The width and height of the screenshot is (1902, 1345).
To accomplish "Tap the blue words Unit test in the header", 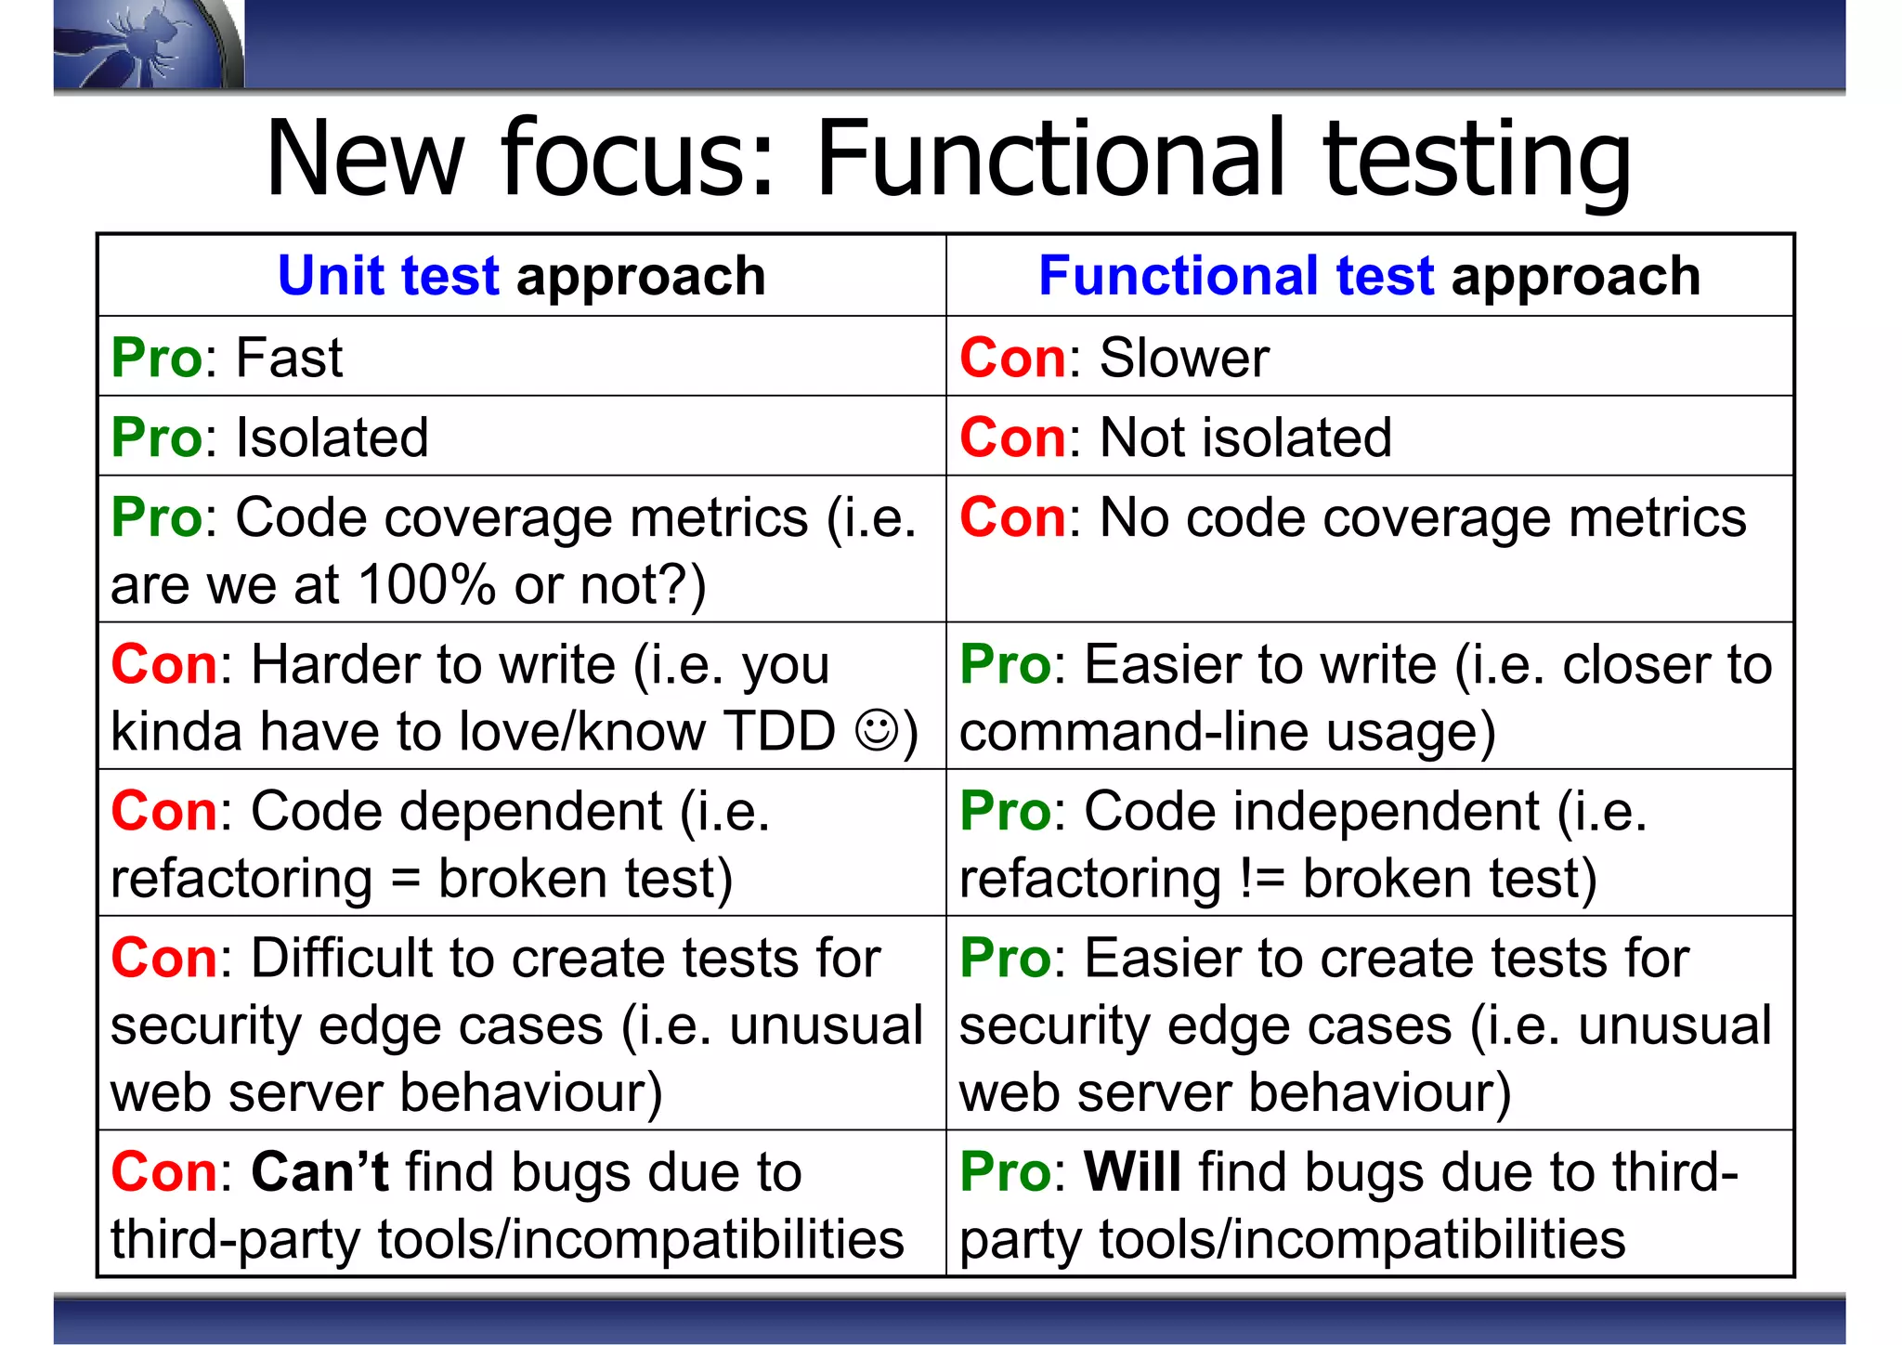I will pyautogui.click(x=388, y=276).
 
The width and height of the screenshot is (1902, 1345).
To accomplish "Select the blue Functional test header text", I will pyautogui.click(x=1236, y=276).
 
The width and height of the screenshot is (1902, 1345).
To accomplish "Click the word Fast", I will pyautogui.click(x=289, y=358).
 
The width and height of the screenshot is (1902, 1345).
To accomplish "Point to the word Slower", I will pyautogui.click(x=1184, y=358).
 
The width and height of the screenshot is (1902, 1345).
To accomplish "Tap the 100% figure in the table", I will pyautogui.click(x=426, y=585).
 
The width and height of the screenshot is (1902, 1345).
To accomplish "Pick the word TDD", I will pyautogui.click(x=779, y=731).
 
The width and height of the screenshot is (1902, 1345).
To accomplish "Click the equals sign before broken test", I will pyautogui.click(x=405, y=880).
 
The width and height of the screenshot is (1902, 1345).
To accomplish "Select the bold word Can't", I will pyautogui.click(x=319, y=1172).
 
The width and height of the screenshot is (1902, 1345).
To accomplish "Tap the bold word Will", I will pyautogui.click(x=1132, y=1172).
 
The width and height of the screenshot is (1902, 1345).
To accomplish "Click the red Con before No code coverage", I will pyautogui.click(x=1013, y=517).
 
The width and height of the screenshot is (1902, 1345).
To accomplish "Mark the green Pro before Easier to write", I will pyautogui.click(x=1005, y=665).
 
